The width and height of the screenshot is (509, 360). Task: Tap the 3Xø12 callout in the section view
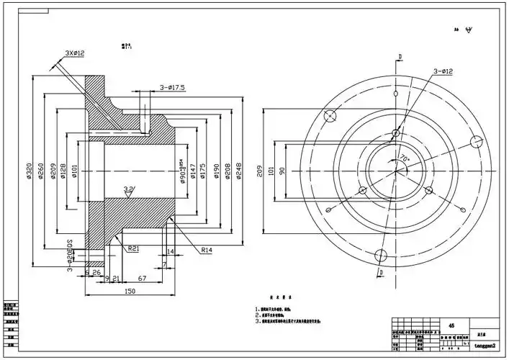75,53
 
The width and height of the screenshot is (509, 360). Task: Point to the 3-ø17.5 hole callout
172,87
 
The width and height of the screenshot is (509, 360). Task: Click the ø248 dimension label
239,171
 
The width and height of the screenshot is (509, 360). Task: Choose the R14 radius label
206,250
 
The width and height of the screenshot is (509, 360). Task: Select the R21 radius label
133,248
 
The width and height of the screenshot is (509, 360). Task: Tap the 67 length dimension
143,278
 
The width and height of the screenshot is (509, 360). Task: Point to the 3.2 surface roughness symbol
129,190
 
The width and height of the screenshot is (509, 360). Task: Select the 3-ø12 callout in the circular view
442,71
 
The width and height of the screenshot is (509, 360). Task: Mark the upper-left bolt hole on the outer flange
331,117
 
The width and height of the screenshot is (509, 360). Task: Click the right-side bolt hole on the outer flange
474,141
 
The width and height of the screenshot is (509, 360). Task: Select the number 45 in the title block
451,325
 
